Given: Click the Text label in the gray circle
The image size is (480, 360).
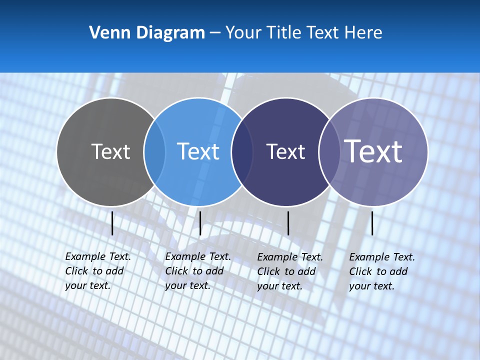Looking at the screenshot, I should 110,151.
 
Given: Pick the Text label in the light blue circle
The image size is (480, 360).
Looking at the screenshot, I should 198,151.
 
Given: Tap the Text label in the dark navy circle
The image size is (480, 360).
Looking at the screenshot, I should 285,151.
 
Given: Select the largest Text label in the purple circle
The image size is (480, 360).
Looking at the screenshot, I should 373,151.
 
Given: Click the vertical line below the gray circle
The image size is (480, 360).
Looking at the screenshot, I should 112,223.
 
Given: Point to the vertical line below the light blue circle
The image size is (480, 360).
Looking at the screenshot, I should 200,223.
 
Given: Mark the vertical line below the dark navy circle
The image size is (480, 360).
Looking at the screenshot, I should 288,223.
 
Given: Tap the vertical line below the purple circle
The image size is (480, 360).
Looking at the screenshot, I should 372,223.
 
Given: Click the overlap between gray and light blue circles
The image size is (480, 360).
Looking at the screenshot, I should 154,152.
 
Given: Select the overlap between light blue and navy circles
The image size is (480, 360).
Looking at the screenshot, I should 242,152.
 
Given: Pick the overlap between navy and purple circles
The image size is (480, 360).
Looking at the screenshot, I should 329,152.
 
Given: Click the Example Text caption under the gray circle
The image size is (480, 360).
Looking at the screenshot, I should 97,271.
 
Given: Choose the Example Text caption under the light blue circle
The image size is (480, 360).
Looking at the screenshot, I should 197,271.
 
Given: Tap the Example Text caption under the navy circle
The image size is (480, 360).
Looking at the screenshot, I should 289,271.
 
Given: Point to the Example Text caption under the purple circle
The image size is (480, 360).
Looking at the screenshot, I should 381,271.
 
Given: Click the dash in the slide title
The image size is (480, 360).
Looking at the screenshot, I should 215,33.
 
